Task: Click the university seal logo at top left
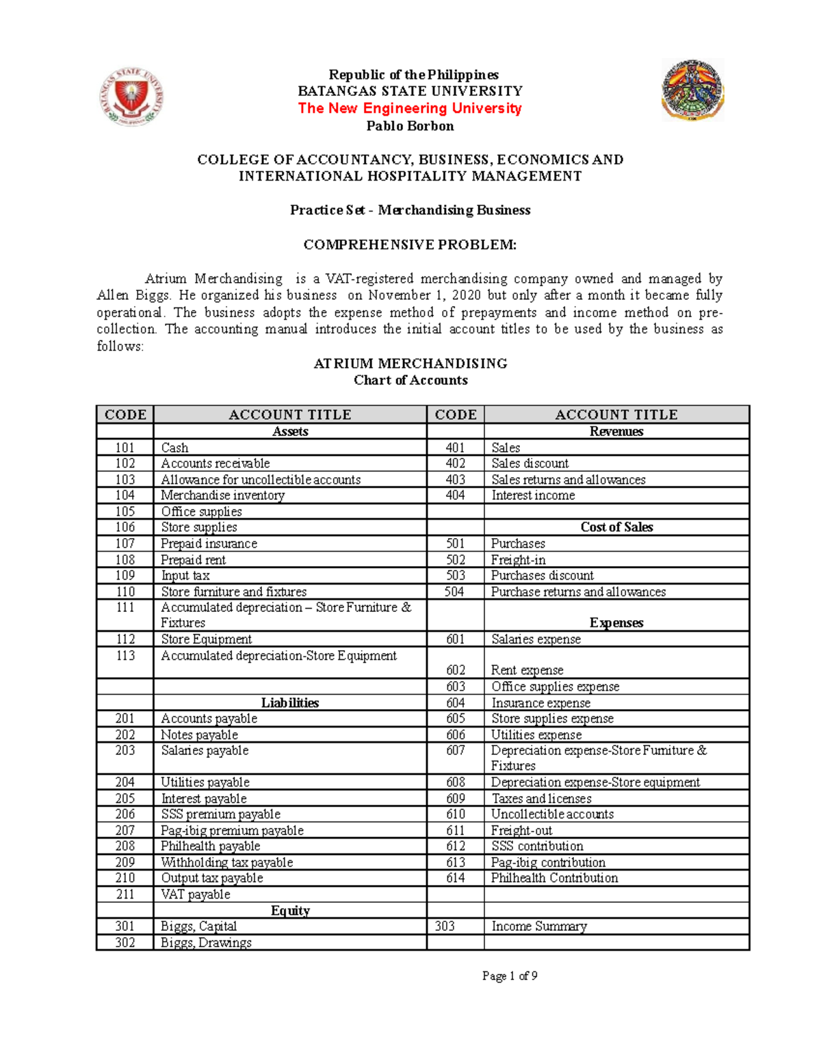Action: click(x=131, y=97)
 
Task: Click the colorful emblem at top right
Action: click(x=692, y=90)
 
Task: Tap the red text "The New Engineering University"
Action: click(x=410, y=108)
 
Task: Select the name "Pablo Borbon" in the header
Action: click(x=410, y=126)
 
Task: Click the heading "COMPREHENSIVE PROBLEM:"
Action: click(x=410, y=244)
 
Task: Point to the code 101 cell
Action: click(x=125, y=448)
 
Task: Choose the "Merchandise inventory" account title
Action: click(x=222, y=496)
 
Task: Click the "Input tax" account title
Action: click(x=185, y=576)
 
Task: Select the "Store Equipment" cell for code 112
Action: click(x=206, y=639)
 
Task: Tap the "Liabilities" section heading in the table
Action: click(x=290, y=703)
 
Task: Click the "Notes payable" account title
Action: click(x=199, y=735)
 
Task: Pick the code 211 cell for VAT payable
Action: click(x=125, y=895)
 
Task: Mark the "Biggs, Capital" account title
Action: click(x=198, y=927)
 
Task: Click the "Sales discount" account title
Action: click(x=530, y=463)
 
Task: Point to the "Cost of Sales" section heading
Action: click(x=616, y=527)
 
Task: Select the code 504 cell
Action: click(x=454, y=592)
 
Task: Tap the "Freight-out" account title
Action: click(x=521, y=831)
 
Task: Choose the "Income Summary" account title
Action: click(x=539, y=927)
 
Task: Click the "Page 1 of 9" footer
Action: click(x=510, y=976)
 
